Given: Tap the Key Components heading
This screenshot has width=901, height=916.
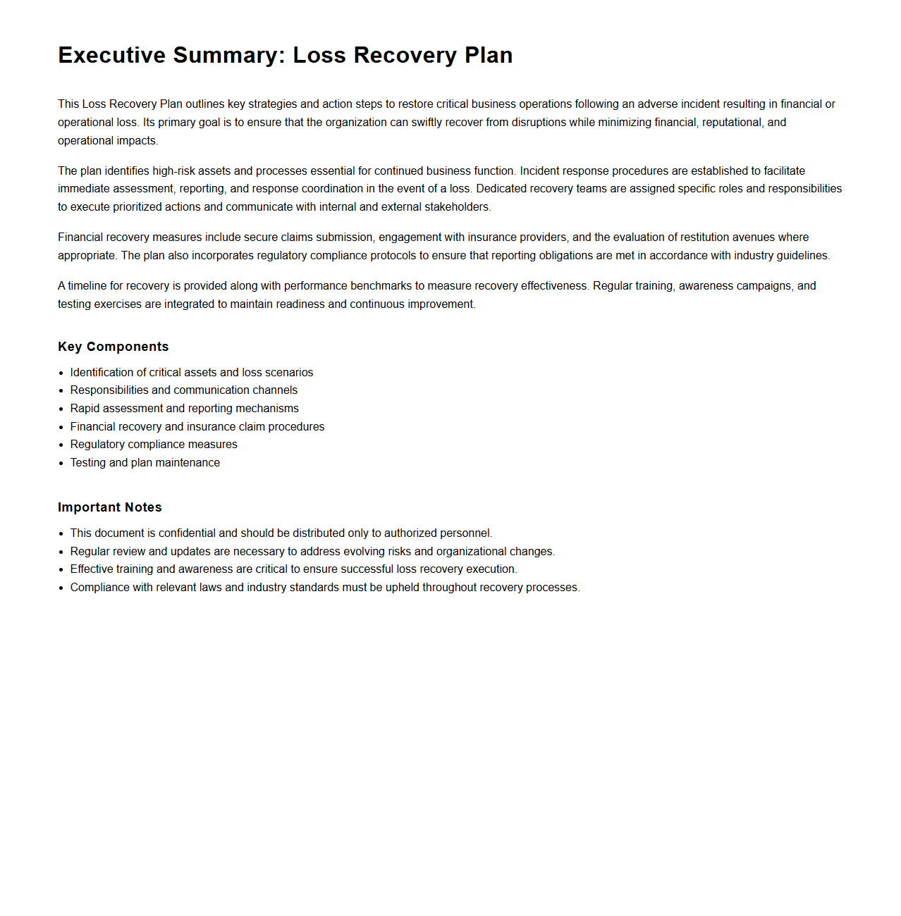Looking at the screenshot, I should (x=113, y=347).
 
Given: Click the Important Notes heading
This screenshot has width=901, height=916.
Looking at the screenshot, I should (x=109, y=507).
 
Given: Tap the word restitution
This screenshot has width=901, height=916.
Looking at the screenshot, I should (x=711, y=237).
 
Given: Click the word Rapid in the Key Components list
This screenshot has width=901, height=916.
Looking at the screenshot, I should (x=85, y=408).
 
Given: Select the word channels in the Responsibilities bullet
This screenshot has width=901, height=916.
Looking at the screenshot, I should (x=275, y=390).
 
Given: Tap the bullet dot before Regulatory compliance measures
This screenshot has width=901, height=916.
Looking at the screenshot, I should (x=61, y=445).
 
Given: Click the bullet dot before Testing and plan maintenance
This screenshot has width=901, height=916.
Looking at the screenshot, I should (x=61, y=463).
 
